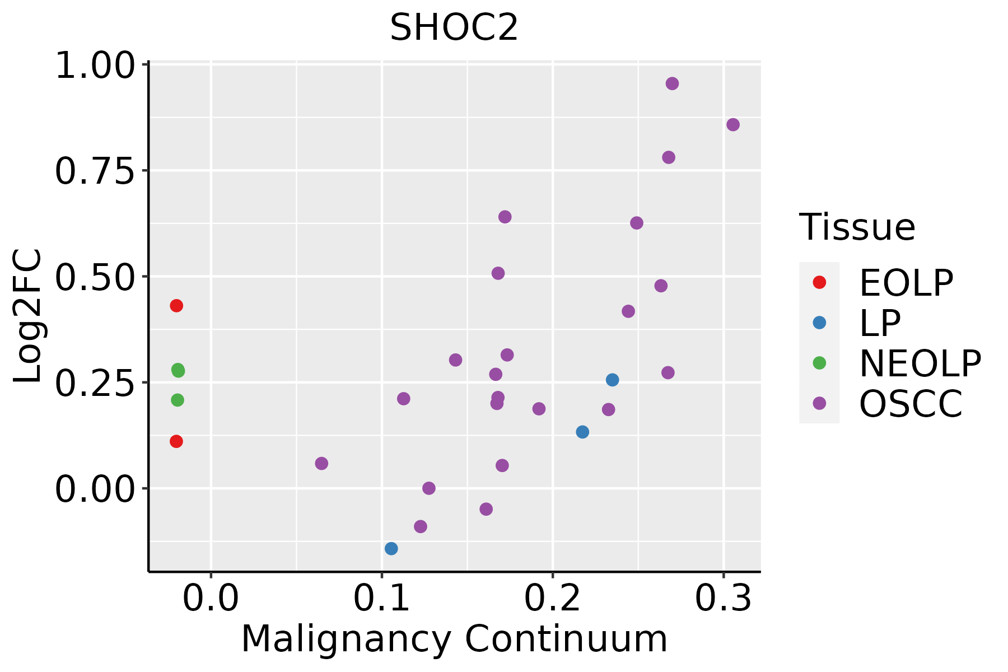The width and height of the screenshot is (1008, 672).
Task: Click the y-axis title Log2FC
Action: point(28,316)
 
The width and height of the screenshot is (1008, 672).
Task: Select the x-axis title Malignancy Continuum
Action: point(454,639)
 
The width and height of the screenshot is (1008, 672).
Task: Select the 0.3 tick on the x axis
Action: point(724,599)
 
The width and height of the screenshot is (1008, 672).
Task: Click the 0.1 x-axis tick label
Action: point(381,599)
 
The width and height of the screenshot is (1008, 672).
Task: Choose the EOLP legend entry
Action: point(906,283)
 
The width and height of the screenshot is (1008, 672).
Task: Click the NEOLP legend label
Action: point(920,363)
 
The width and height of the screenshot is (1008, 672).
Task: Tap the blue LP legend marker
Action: point(819,323)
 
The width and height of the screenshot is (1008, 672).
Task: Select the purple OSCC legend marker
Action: point(819,403)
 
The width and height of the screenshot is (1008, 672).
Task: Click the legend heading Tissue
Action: point(857,227)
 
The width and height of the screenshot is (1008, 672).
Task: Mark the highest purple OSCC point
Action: point(672,83)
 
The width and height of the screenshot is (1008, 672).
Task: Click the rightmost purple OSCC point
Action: point(732,125)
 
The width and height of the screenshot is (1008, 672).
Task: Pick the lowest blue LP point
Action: point(391,548)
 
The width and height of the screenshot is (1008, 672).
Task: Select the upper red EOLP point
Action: point(176,306)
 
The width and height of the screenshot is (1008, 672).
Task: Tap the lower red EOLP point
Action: point(176,441)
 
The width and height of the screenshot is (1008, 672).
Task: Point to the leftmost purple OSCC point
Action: point(321,464)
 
